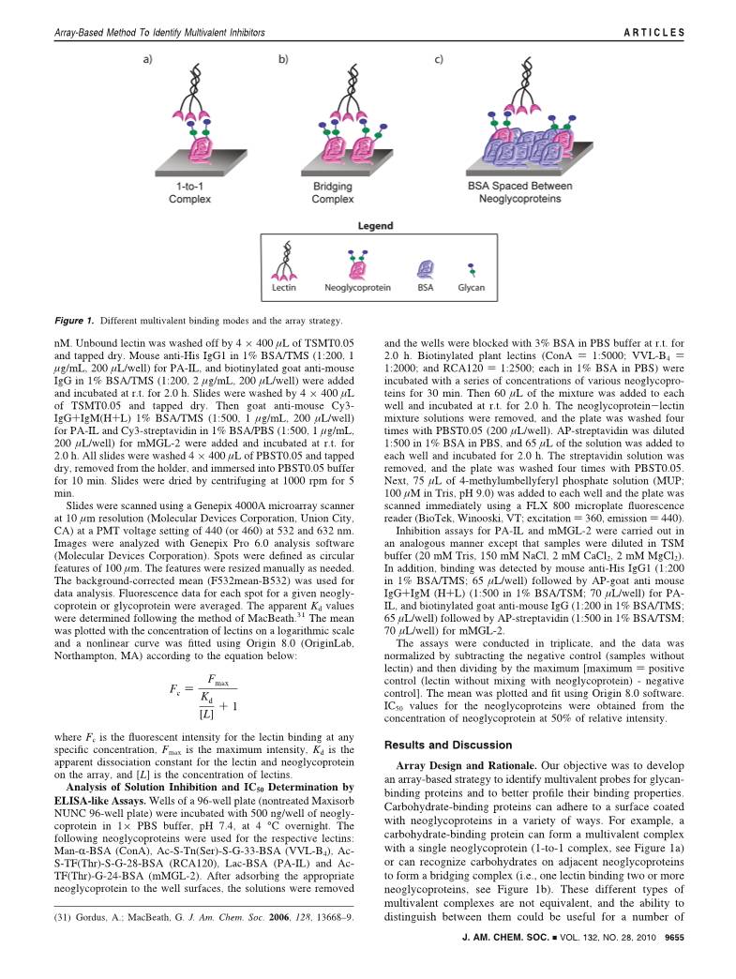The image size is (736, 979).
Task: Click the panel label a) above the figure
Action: (149, 62)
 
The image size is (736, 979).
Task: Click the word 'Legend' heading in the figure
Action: (374, 227)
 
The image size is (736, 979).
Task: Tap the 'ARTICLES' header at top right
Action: (653, 33)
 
